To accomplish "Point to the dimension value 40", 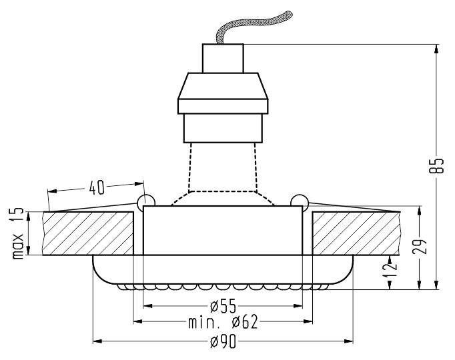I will click(x=97, y=187).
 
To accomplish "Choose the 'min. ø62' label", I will click(x=222, y=323).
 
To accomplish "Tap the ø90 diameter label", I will click(x=223, y=341).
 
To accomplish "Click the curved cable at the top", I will click(x=254, y=26).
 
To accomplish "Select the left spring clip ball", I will click(x=145, y=201).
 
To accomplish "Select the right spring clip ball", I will click(x=300, y=201).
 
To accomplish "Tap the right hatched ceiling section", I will click(x=356, y=233).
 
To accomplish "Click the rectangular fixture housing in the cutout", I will click(x=222, y=231).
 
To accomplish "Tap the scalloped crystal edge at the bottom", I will click(x=222, y=287).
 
